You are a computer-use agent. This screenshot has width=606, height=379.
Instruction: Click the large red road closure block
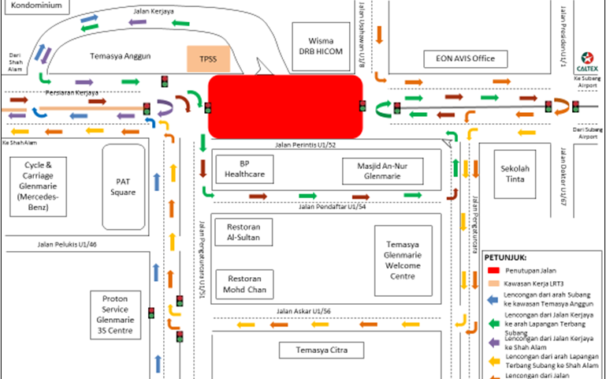[x=284, y=107]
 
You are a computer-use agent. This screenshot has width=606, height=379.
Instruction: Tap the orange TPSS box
[x=207, y=59]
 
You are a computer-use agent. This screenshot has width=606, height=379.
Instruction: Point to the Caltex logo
[x=586, y=58]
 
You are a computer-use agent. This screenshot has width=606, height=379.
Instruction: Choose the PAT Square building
[x=123, y=186]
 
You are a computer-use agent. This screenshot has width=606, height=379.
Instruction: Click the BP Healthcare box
[x=244, y=169]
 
